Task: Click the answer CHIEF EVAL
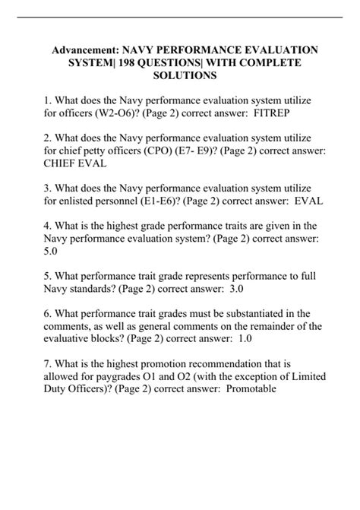point(74,163)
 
